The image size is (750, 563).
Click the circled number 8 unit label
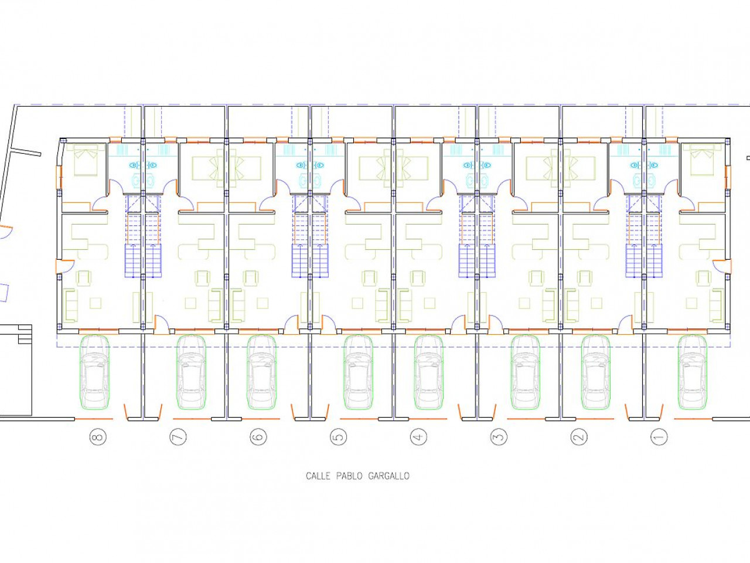click(98, 436)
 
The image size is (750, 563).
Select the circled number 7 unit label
click(178, 436)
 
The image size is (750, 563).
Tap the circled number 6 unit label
click(258, 436)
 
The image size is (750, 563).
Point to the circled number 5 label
click(338, 436)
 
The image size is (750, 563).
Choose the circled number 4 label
click(418, 436)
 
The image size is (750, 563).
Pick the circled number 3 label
click(499, 436)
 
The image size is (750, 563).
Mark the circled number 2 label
click(579, 436)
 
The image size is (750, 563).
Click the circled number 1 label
click(659, 436)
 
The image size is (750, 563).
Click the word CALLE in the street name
click(318, 476)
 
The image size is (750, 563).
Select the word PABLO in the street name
click(349, 476)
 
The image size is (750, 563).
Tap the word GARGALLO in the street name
click(389, 476)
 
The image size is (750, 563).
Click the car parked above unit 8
click(94, 372)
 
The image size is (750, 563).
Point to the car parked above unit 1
click(692, 372)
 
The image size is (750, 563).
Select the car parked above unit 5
click(359, 372)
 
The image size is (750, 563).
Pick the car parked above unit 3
click(525, 372)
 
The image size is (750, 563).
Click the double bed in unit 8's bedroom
click(86, 160)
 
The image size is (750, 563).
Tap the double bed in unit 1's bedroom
click(702, 160)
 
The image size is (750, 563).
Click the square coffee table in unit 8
click(96, 303)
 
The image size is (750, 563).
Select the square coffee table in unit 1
click(691, 303)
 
